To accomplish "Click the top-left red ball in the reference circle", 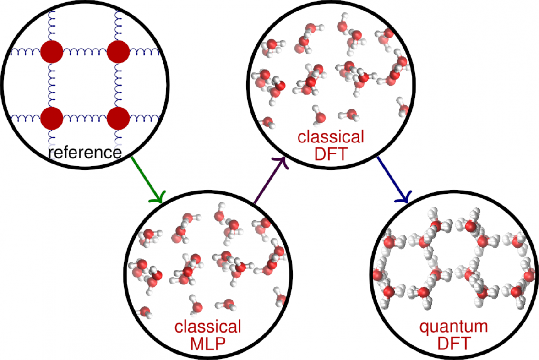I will tap(51, 52).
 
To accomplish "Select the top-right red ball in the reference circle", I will tap(118, 52).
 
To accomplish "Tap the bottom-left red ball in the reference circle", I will tap(51, 118).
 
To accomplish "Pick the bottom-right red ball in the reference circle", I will tap(118, 118).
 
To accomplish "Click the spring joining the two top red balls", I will tap(85, 52).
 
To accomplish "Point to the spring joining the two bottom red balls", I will tap(85, 119).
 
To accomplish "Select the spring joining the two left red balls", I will tap(51, 85).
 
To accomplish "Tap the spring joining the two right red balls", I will tap(118, 85).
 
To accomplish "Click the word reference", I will tap(85, 152).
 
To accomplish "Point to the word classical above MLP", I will tap(207, 327).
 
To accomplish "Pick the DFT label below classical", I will tap(331, 153).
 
